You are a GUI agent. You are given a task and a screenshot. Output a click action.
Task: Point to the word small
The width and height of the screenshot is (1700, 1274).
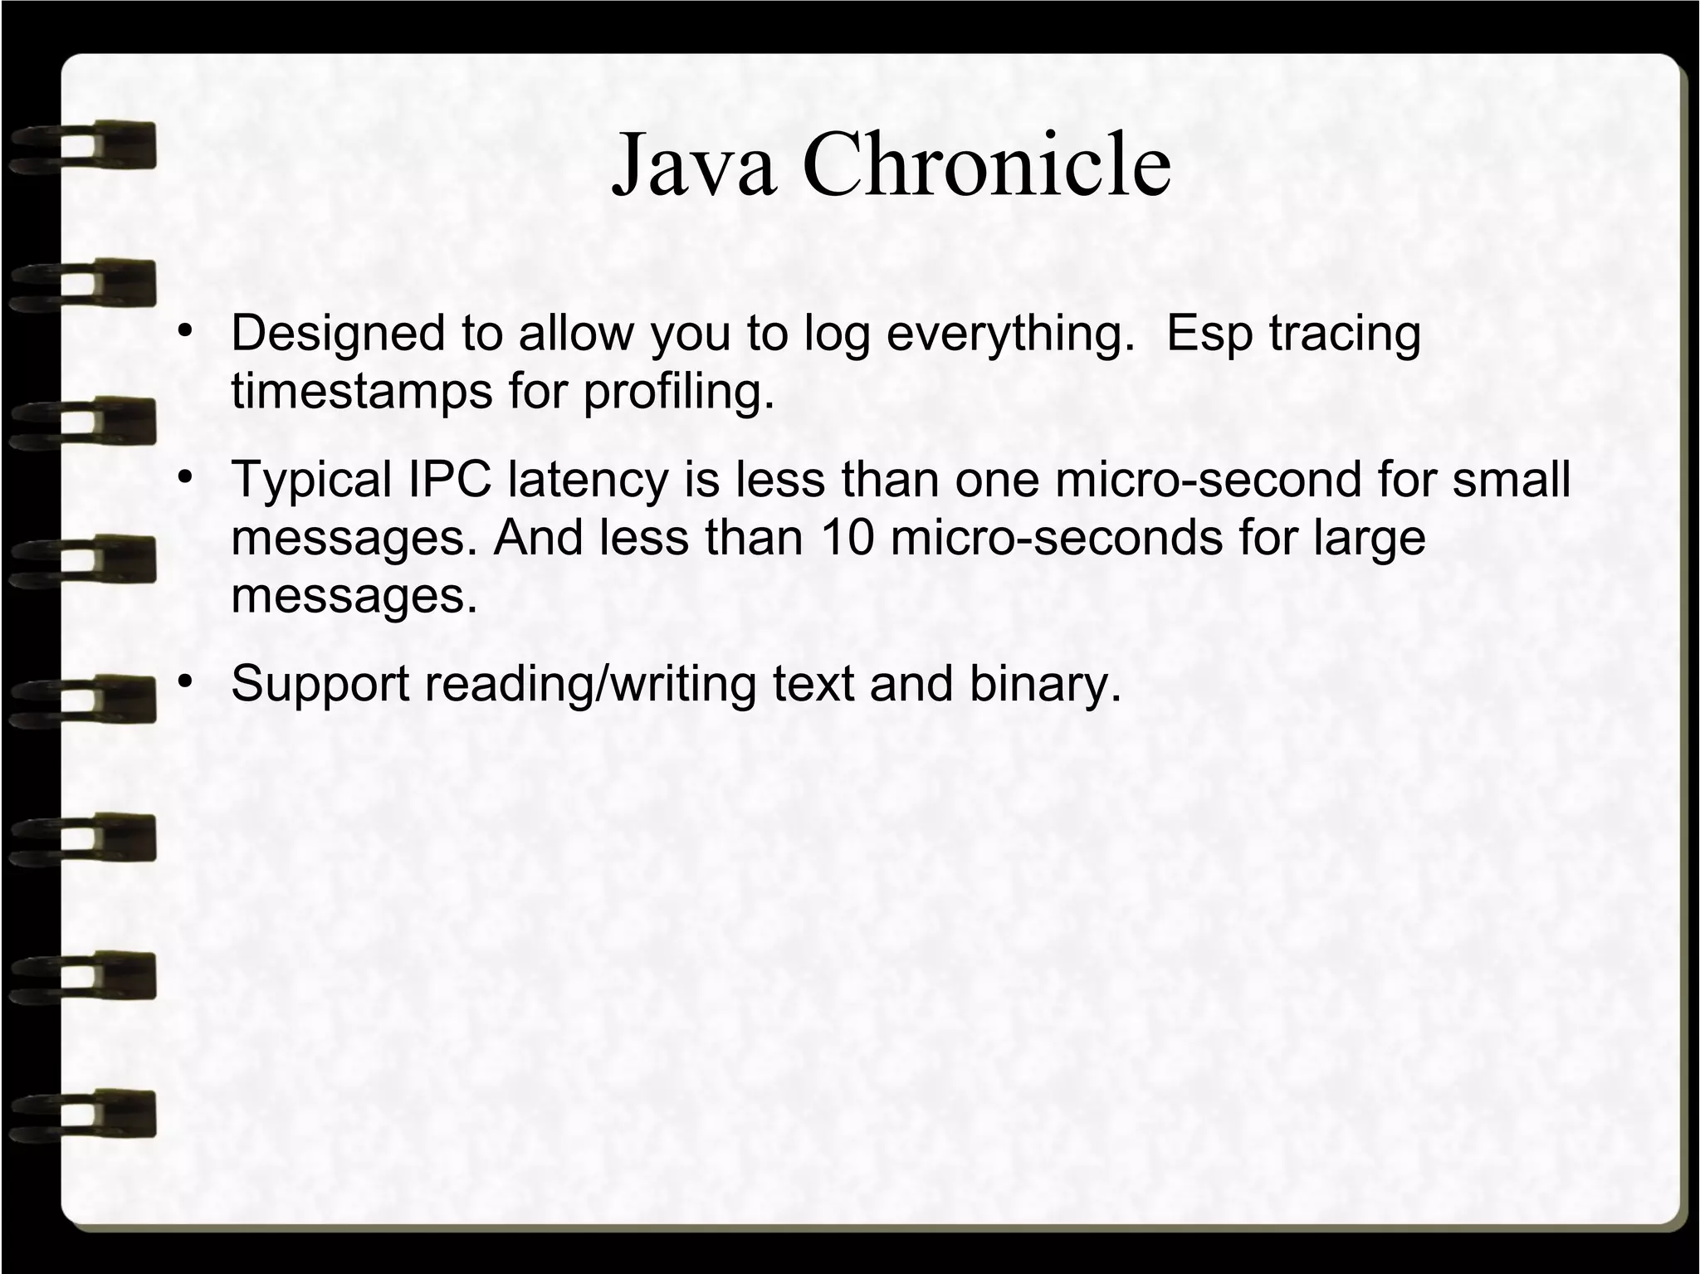click(x=1511, y=480)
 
